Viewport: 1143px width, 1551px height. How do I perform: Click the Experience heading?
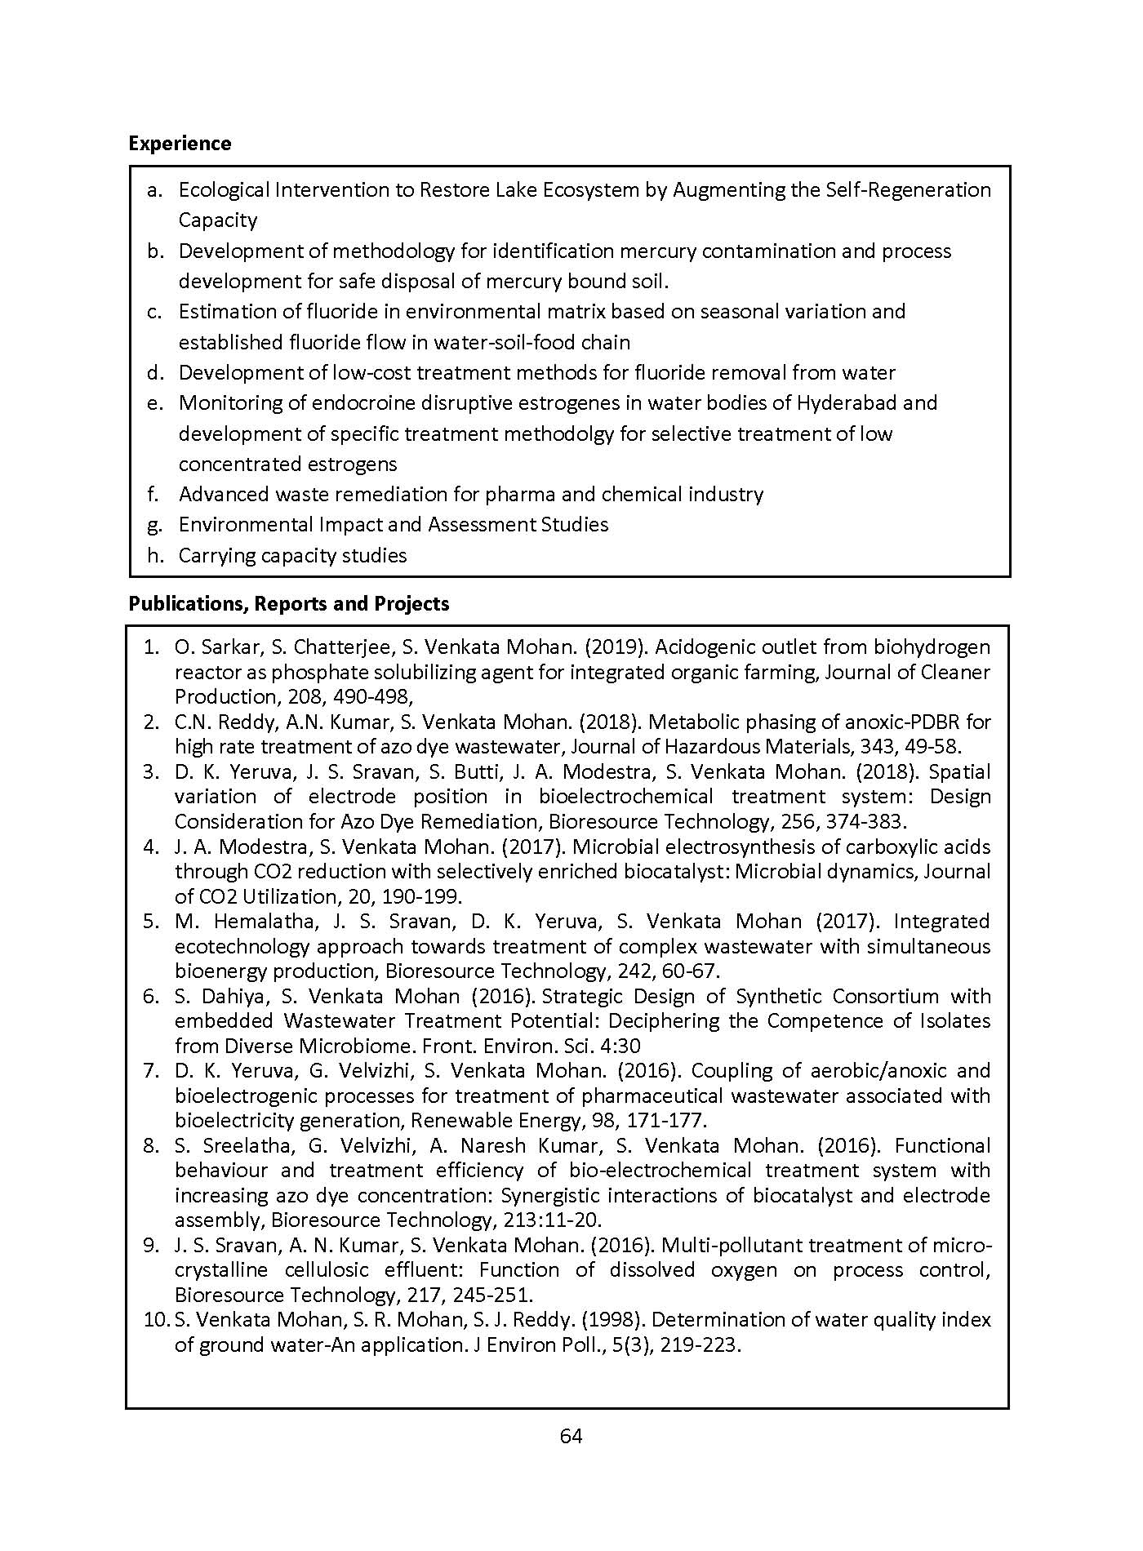180,144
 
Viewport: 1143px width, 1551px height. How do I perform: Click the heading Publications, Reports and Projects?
289,604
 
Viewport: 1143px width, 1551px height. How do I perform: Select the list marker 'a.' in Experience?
153,190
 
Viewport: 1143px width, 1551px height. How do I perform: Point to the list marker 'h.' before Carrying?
154,556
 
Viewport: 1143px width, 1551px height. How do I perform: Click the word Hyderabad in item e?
847,403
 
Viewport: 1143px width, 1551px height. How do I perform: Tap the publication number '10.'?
155,1320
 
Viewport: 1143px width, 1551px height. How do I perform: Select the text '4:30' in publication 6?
623,1047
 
